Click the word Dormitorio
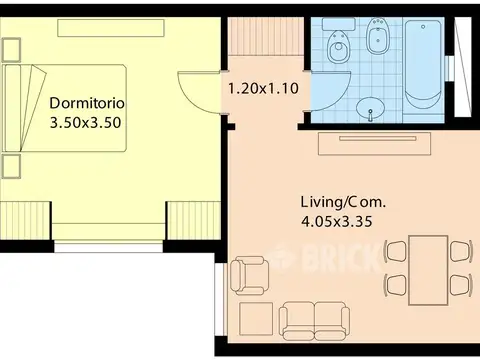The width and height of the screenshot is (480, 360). point(87,103)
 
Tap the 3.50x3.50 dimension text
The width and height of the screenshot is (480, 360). point(85,123)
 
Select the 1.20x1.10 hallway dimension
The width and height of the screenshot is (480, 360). point(263,89)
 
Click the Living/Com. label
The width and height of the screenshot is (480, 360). point(343,202)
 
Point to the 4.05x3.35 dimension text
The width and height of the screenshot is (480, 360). point(337,222)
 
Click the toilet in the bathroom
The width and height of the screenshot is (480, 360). point(339,41)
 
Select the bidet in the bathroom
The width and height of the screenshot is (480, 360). point(378,36)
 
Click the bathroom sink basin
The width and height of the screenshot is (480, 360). point(370,107)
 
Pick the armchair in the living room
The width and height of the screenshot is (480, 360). point(250,276)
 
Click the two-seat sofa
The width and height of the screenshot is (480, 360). point(314,321)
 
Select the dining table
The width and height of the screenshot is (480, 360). point(428,270)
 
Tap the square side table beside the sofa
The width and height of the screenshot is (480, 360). point(256,319)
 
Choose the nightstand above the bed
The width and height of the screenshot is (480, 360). point(11,49)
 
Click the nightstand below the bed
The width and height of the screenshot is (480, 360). point(11,166)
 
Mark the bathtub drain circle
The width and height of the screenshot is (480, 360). point(423,27)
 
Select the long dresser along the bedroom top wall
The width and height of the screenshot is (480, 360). point(111,28)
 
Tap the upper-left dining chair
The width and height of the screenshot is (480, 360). point(395,252)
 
